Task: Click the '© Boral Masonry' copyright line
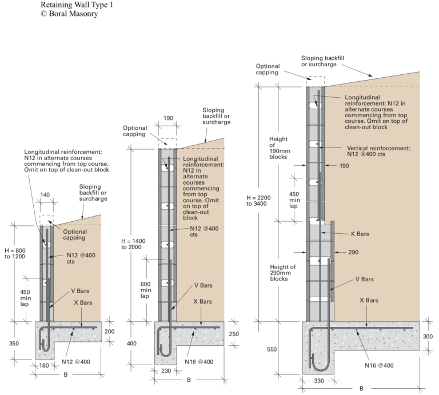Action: pyautogui.click(x=69, y=14)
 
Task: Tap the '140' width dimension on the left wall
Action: pyautogui.click(x=45, y=194)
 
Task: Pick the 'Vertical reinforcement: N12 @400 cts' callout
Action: pyautogui.click(x=379, y=150)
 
